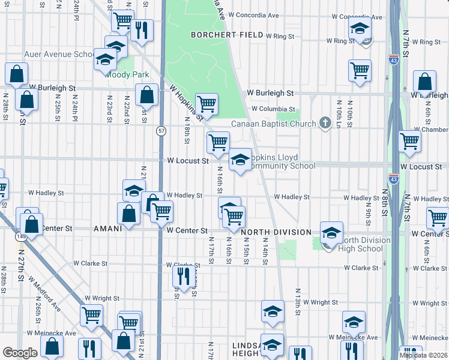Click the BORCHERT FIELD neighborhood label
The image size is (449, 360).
tap(227, 35)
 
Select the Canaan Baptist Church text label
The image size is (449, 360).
tap(273, 124)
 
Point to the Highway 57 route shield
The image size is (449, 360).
tap(161, 130)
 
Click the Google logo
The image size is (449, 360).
tap(20, 353)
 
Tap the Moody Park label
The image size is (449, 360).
tap(122, 75)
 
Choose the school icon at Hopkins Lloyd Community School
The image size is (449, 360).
tap(240, 160)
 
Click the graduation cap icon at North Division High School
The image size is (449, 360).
tap(331, 233)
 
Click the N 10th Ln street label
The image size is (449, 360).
tap(339, 112)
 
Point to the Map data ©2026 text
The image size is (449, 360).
tap(423, 355)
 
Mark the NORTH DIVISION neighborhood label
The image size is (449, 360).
tap(276, 232)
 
